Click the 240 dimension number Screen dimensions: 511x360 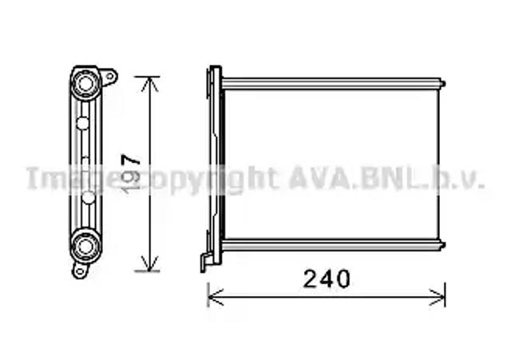(327, 279)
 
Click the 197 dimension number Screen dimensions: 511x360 (130, 173)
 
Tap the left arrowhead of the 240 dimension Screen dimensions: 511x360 (215, 297)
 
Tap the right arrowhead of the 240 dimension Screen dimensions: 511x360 (438, 297)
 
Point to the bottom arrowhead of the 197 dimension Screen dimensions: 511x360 (149, 263)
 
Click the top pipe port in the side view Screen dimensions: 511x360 (85, 83)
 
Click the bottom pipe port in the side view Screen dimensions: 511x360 (85, 246)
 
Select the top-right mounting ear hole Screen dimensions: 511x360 (110, 77)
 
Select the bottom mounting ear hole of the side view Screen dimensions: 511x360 (79, 271)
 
